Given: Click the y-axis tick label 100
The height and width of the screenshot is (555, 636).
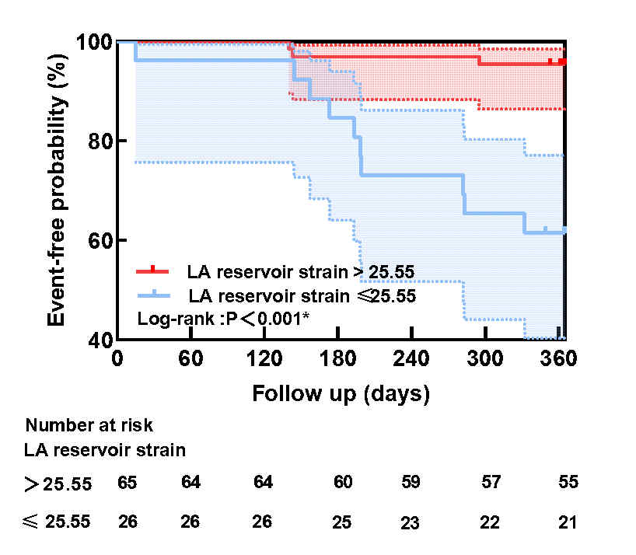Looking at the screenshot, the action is [94, 42].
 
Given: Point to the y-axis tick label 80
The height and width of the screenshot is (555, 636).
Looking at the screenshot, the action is [100, 141].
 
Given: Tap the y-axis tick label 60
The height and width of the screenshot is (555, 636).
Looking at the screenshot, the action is [100, 241].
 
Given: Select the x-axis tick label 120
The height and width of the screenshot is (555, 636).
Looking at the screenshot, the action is [264, 359].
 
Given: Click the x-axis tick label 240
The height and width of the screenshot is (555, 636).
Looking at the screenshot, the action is [411, 359].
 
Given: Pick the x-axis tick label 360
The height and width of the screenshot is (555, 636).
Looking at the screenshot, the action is [558, 359].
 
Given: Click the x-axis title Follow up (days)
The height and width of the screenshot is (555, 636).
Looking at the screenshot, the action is [341, 394].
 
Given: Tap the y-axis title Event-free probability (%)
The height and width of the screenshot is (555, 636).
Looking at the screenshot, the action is [57, 190].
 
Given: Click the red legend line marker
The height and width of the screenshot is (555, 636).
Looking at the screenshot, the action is [152, 271].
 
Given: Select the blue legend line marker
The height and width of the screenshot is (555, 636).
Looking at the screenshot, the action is [153, 295].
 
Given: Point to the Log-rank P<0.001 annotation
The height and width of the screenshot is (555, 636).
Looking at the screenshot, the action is [223, 319].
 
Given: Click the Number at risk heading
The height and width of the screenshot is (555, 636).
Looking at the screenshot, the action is [89, 426].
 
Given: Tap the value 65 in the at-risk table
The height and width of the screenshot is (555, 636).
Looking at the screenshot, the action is [128, 483].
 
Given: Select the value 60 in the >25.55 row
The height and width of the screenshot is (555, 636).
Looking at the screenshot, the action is [343, 482].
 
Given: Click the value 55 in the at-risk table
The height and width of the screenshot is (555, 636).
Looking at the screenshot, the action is [568, 482].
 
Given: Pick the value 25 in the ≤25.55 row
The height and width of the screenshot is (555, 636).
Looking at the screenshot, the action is [342, 522].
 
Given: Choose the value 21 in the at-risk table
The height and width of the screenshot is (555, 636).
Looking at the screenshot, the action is [568, 522].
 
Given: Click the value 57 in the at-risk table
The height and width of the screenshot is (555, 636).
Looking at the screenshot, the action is [491, 482].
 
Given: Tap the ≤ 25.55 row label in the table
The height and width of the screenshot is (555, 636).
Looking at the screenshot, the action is [57, 522].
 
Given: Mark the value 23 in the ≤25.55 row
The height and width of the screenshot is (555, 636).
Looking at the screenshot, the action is [410, 523].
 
